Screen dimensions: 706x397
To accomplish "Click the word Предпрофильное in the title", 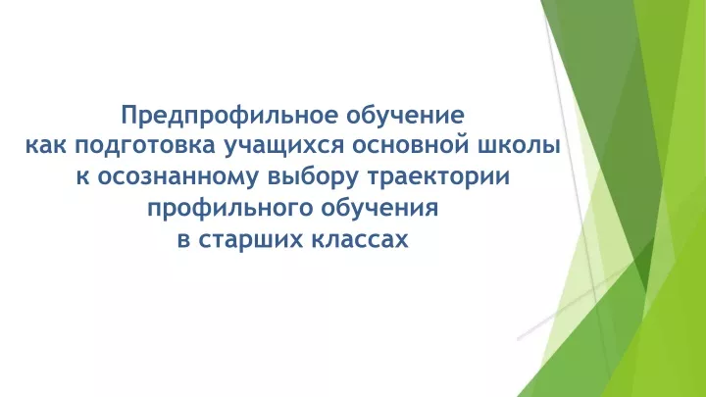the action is tap(229, 116).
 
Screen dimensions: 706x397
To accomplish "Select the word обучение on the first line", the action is tap(405, 115).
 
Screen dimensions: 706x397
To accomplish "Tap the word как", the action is tap(45, 146).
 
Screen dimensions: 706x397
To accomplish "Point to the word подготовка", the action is tap(146, 148).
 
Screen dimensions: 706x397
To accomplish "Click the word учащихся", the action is tap(284, 148).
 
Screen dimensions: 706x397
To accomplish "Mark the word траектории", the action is tap(438, 177).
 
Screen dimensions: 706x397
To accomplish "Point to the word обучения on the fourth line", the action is tap(379, 209).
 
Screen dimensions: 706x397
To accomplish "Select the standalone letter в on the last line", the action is tap(183, 240).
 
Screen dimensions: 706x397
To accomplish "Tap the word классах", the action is tap(360, 239).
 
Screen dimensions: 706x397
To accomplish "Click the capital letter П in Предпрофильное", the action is tap(128, 116).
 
